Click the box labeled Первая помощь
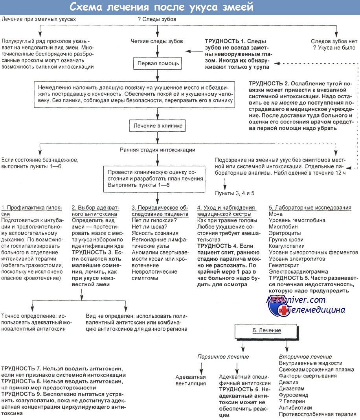tap(158, 63)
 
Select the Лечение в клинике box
tap(157, 127)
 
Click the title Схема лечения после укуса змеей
tap(162, 7)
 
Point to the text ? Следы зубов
tap(157, 19)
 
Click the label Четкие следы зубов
tap(157, 41)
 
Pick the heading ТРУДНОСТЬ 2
tap(269, 84)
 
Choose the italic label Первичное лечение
tap(223, 357)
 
